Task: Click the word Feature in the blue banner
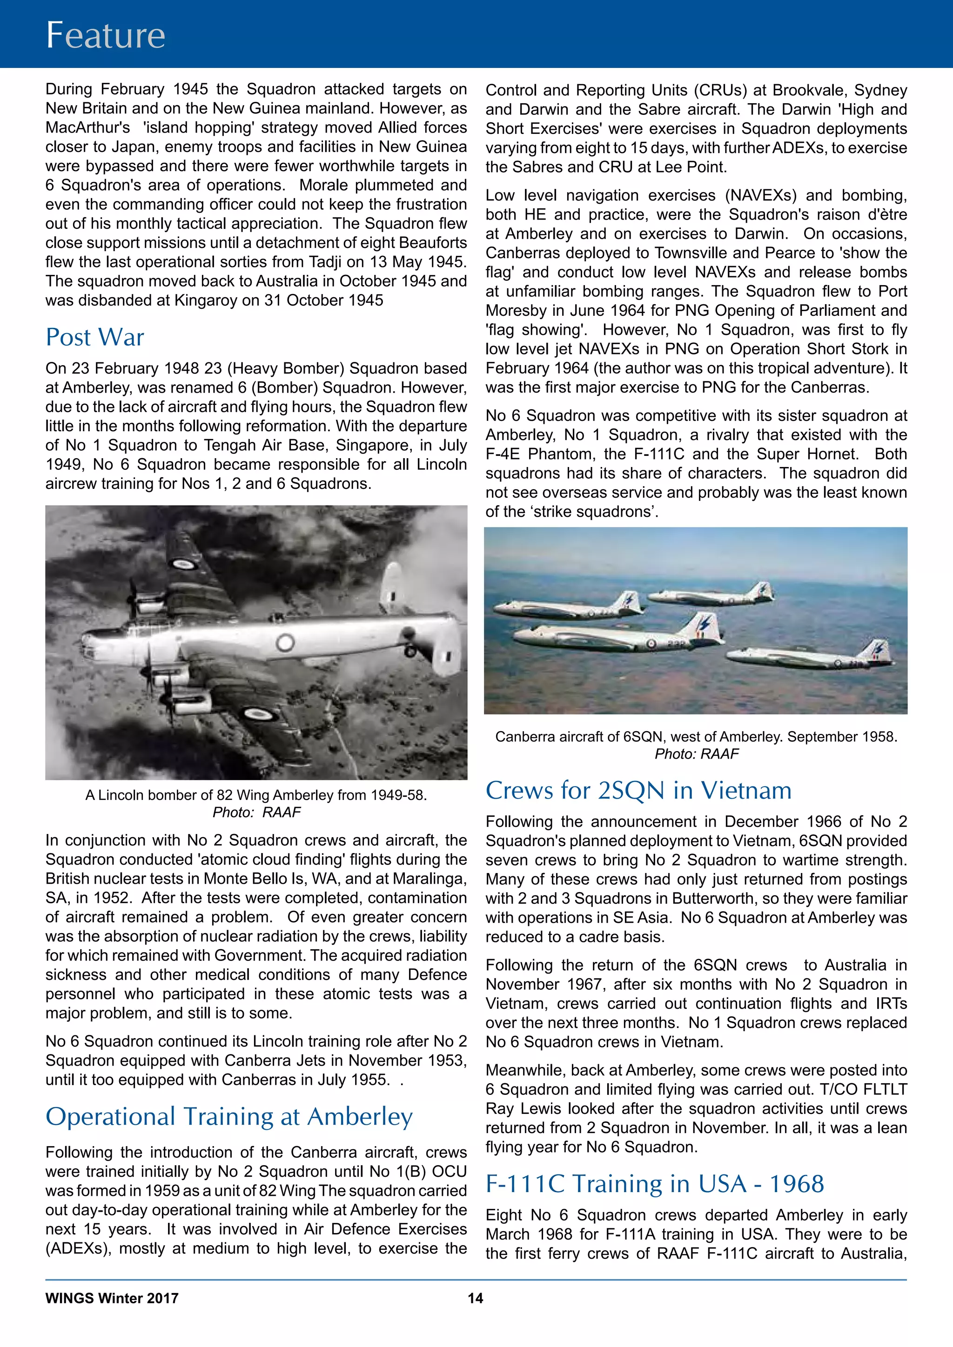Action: pos(106,35)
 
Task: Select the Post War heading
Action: pos(94,337)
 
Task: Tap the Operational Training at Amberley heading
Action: pos(229,1116)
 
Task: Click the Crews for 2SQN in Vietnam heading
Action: pos(638,791)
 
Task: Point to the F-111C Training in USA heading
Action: pos(654,1184)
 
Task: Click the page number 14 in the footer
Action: pos(475,1298)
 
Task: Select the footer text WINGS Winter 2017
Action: pos(112,1298)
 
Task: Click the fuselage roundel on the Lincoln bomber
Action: pos(285,642)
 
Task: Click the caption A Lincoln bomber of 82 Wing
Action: pos(256,795)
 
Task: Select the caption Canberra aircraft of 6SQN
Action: pos(696,737)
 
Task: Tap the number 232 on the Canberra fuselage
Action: pos(675,644)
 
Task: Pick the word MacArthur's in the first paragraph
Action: pos(88,128)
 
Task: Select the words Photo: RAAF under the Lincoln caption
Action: pos(256,813)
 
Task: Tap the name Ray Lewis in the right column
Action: pos(510,1109)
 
